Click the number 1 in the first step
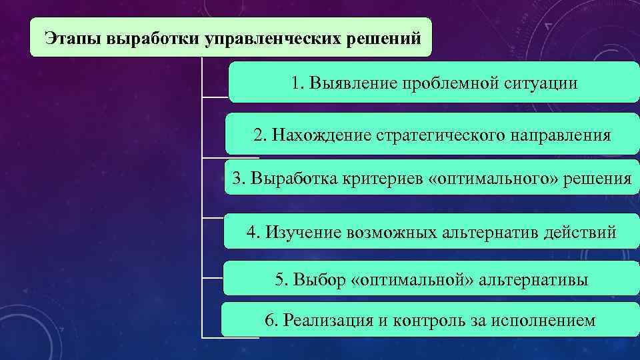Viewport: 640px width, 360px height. (296, 84)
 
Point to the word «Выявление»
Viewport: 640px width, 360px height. (351, 84)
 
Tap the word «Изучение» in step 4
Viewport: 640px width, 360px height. (303, 233)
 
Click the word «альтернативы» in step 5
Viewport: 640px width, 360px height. (533, 280)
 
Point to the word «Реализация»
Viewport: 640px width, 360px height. (325, 321)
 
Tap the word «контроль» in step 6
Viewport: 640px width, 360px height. (425, 321)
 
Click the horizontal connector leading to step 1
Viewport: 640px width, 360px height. (215, 97)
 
